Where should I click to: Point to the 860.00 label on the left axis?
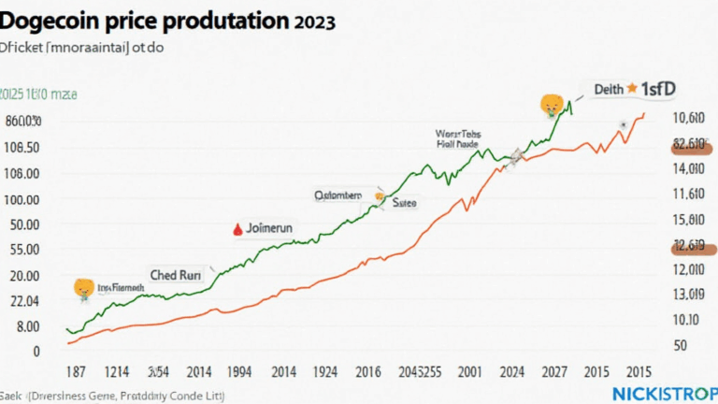tap(22, 122)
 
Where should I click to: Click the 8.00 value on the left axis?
tap(24, 327)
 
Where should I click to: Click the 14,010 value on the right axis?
tap(688, 168)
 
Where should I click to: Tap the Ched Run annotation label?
tap(178, 276)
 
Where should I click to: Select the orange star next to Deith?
tap(631, 88)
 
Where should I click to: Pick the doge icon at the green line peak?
tap(551, 105)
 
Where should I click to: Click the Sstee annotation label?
tap(404, 201)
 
